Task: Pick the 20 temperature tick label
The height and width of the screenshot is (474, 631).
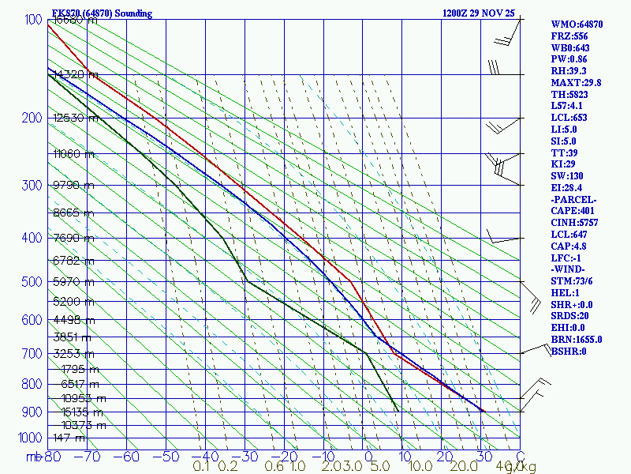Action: [x=444, y=456]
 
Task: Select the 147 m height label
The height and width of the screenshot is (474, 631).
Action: [x=69, y=437]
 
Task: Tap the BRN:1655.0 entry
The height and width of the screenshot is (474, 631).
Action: [x=577, y=339]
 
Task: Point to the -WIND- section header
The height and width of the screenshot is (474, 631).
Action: [x=569, y=269]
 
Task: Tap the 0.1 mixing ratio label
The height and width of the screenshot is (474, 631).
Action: [x=201, y=467]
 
